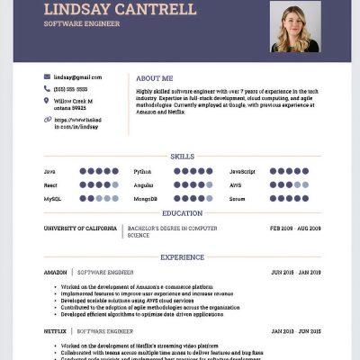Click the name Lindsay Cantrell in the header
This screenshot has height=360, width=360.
pyautogui.click(x=119, y=10)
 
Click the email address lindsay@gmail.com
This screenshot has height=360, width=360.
pyautogui.click(x=77, y=77)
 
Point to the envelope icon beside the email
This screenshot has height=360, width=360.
pyautogui.click(x=47, y=77)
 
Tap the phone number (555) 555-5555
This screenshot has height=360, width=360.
pyautogui.click(x=71, y=89)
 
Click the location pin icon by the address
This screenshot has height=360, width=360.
pyautogui.click(x=47, y=101)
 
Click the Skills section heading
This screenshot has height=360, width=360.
pyautogui.click(x=182, y=156)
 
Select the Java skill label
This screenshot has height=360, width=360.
pyautogui.click(x=49, y=171)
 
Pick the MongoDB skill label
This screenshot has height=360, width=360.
pyautogui.click(x=145, y=198)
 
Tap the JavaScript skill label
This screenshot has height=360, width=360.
pyautogui.click(x=242, y=171)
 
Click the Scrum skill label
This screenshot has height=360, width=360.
pyautogui.click(x=237, y=198)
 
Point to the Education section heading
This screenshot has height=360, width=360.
pyautogui.click(x=182, y=213)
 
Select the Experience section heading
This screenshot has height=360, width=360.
pyautogui.click(x=182, y=257)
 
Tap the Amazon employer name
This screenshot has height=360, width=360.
pyautogui.click(x=56, y=272)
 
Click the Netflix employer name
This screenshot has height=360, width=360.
pyautogui.click(x=55, y=331)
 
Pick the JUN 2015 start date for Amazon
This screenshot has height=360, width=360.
pyautogui.click(x=282, y=272)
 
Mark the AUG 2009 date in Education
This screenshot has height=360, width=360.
pyautogui.click(x=309, y=229)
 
